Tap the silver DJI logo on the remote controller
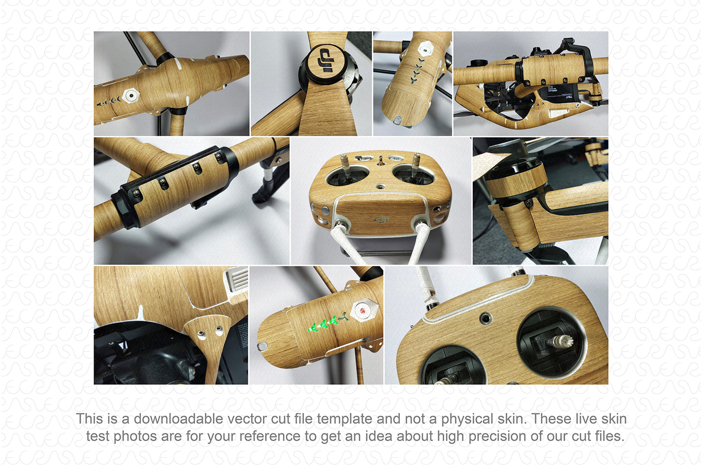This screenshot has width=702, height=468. tap(381, 219)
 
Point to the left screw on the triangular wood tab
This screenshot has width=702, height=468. tap(201, 334)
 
